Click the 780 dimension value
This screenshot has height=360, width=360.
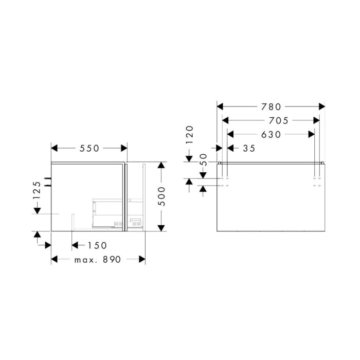pyautogui.click(x=271, y=106)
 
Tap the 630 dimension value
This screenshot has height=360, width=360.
pyautogui.click(x=271, y=134)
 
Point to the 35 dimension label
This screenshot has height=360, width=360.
pyautogui.click(x=248, y=148)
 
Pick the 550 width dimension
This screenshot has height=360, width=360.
pyautogui.click(x=89, y=148)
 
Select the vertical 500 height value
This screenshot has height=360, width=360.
pyautogui.click(x=161, y=196)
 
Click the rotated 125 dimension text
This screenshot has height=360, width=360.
pyautogui.click(x=37, y=190)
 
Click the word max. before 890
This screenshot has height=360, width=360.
pyautogui.click(x=85, y=260)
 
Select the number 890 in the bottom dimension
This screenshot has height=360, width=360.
pyautogui.click(x=112, y=260)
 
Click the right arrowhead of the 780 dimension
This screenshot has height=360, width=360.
pyautogui.click(x=322, y=106)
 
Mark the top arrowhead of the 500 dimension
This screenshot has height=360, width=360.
pyautogui.click(x=161, y=166)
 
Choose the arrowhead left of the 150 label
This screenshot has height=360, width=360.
pyautogui.click(x=75, y=245)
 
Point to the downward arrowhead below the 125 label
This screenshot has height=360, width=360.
pyautogui.click(x=37, y=210)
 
